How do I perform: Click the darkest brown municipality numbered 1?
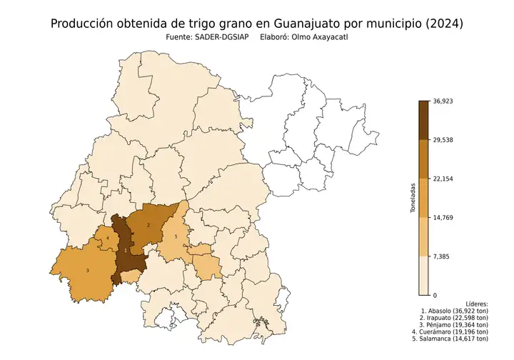pyautogui.click(x=126, y=251)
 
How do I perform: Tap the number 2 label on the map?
pyautogui.click(x=148, y=225)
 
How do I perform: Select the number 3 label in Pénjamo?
pyautogui.click(x=87, y=270)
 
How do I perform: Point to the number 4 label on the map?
pyautogui.click(x=108, y=238)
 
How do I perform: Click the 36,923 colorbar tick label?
pyautogui.click(x=443, y=101)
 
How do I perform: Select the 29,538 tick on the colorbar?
pyautogui.click(x=443, y=140)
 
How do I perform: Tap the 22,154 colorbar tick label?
pyautogui.click(x=443, y=179)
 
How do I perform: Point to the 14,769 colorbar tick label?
pyautogui.click(x=443, y=217)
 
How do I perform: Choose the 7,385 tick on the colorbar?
pyautogui.click(x=440, y=256)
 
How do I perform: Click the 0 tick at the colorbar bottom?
pyautogui.click(x=434, y=294)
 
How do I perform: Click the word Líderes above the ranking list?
pyautogui.click(x=476, y=304)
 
